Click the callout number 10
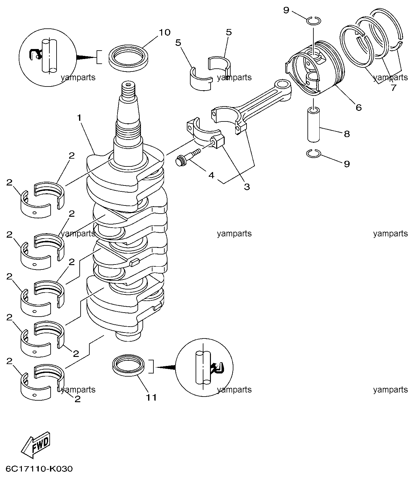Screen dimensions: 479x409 (x=165, y=32)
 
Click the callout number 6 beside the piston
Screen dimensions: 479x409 (x=358, y=107)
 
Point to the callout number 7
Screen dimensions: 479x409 (x=393, y=88)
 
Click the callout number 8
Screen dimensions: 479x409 (x=347, y=134)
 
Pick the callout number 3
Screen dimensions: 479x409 (x=247, y=187)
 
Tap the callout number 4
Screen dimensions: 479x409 (x=212, y=175)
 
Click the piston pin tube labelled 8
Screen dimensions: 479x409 (x=313, y=124)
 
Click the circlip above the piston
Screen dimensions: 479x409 (x=313, y=21)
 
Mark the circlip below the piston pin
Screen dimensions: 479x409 (x=313, y=153)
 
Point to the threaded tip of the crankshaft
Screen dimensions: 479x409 (x=128, y=90)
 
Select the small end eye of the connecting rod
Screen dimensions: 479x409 (x=283, y=84)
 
